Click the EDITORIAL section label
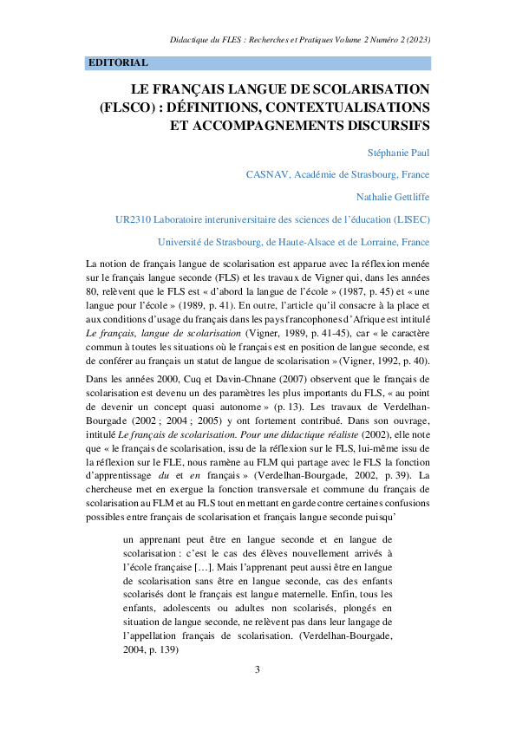[118, 63]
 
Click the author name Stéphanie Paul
[393, 153]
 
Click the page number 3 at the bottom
[258, 669]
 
